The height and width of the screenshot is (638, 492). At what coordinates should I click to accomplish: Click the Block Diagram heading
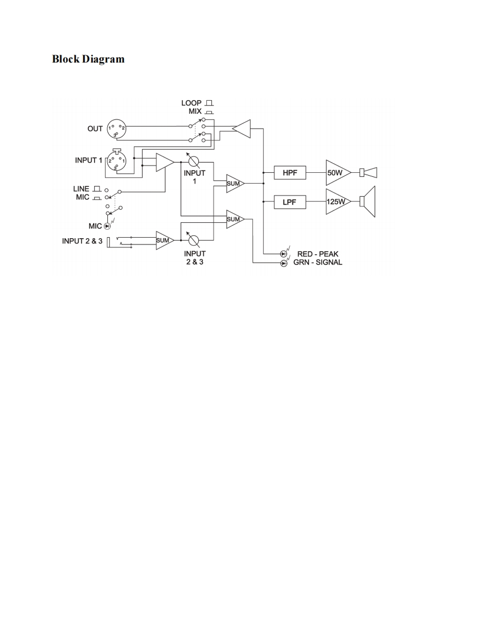88,59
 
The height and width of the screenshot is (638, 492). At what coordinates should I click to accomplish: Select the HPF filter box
290,172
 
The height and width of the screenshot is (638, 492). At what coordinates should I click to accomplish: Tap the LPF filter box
290,202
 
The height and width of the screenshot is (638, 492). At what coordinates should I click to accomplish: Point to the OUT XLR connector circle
116,129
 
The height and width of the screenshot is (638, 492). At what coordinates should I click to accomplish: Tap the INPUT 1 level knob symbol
194,161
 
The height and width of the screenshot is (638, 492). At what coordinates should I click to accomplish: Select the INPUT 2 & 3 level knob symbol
194,241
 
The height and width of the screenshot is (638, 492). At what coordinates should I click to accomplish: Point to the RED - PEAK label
318,254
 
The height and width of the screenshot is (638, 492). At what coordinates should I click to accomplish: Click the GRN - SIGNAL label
318,263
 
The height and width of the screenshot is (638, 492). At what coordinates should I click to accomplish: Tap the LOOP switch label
191,103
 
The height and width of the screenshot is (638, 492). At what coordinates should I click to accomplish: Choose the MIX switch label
195,111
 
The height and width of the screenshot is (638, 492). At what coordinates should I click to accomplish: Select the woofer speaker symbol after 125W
369,202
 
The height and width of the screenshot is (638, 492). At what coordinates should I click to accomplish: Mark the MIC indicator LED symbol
106,226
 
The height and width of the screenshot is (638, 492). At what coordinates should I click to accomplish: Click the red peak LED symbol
283,254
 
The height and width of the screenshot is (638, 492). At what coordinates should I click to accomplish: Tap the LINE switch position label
81,189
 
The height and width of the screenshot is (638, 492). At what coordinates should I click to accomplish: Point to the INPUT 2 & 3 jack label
82,242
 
